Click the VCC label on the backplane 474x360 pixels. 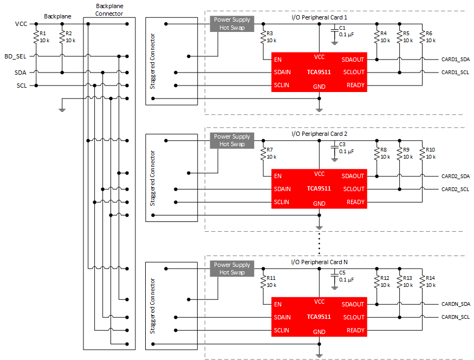pyautogui.click(x=21, y=24)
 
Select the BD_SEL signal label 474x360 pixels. pyautogui.click(x=15, y=56)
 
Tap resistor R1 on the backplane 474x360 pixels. pyautogui.click(x=36, y=37)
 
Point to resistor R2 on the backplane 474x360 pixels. pyautogui.click(x=62, y=37)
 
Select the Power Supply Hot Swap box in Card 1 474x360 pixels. pyautogui.click(x=232, y=24)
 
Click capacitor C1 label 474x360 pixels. pyautogui.click(x=342, y=28)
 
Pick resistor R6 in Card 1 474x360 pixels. pyautogui.click(x=422, y=37)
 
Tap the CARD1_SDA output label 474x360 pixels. pyautogui.click(x=455, y=59)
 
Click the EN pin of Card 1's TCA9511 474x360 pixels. pyautogui.click(x=278, y=59)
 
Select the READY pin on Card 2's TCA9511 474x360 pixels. pyautogui.click(x=355, y=202)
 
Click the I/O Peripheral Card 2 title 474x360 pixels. pyautogui.click(x=319, y=134)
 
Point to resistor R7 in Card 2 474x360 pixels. pyautogui.click(x=263, y=153)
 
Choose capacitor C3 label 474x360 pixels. pyautogui.click(x=342, y=145)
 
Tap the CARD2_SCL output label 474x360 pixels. pyautogui.click(x=455, y=189)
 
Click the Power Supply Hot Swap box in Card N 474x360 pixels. pyautogui.click(x=232, y=269)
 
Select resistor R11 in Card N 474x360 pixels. pyautogui.click(x=263, y=282)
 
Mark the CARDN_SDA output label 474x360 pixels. pyautogui.click(x=455, y=304)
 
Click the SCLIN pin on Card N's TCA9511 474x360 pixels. pyautogui.click(x=282, y=330)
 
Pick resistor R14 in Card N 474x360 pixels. pyautogui.click(x=422, y=282)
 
